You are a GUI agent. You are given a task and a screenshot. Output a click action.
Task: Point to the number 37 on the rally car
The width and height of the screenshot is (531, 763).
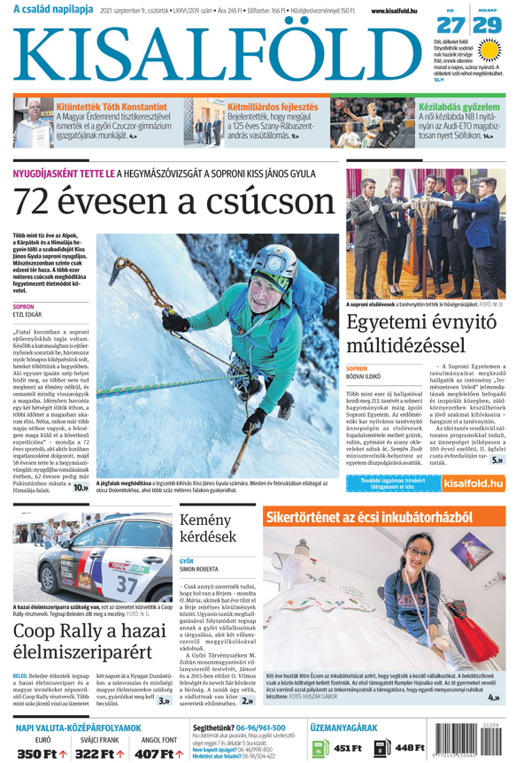click(x=127, y=584)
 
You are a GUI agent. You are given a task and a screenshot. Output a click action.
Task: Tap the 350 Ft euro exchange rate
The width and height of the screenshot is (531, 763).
click(x=42, y=753)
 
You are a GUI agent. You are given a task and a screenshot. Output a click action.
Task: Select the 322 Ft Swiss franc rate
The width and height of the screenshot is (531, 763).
click(x=99, y=753)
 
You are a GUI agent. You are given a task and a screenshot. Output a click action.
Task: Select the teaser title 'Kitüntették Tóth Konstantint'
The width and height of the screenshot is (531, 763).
click(x=111, y=106)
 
